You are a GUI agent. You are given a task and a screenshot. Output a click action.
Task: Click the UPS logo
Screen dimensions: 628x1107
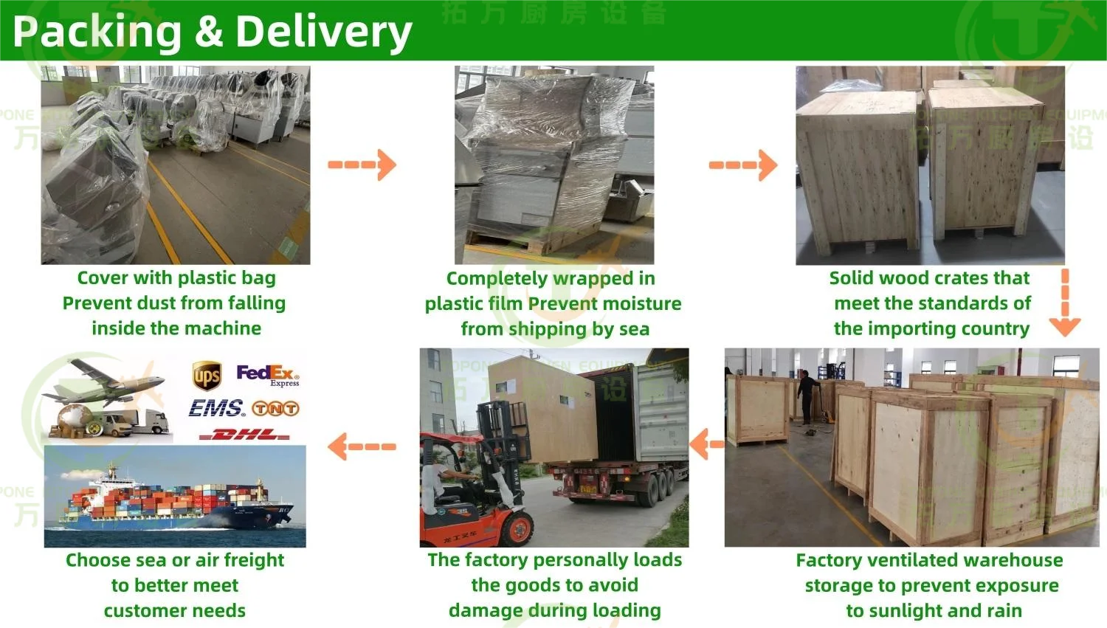pos(207,376)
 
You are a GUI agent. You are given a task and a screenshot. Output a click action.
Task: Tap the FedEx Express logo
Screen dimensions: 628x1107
pos(267,375)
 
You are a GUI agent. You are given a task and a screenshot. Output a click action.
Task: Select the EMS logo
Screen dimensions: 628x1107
pos(216,408)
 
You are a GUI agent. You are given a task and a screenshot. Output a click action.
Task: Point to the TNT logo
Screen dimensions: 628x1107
pos(275,408)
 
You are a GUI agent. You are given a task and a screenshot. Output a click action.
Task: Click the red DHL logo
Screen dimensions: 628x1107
pos(245,435)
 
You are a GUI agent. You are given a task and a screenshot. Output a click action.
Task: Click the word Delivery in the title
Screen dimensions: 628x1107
pos(323,32)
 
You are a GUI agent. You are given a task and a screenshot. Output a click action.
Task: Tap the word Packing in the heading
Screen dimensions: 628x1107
pos(97,32)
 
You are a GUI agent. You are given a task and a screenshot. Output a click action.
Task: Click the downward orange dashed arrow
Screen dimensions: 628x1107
pos(1065,303)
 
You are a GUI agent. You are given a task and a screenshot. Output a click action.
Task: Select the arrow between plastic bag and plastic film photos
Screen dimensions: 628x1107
pos(362,165)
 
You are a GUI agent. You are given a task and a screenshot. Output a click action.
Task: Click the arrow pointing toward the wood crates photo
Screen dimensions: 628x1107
pos(743,165)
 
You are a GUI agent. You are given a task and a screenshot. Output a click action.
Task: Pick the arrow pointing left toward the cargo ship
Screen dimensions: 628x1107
pos(362,446)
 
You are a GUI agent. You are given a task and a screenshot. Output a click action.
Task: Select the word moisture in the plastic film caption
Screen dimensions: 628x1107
pos(641,303)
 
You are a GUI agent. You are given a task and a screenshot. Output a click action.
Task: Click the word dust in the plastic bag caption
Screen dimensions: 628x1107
pos(184,303)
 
